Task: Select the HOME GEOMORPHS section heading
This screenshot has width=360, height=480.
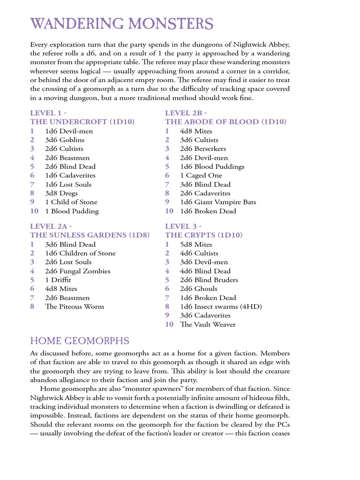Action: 80,341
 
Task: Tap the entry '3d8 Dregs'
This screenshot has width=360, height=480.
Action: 61,193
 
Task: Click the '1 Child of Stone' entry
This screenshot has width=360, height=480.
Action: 71,202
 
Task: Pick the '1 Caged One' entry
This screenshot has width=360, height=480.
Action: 201,175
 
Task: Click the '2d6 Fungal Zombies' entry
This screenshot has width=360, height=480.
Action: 78,271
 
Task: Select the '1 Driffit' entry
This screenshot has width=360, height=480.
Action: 61,280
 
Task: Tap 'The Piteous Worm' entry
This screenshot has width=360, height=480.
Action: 75,307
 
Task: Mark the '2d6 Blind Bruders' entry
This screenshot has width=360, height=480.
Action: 209,280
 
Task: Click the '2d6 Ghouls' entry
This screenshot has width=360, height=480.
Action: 199,289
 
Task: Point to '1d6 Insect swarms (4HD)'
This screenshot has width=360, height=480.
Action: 221,307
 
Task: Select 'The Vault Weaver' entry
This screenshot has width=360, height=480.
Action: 208,324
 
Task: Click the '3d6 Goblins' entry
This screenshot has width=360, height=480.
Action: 65,140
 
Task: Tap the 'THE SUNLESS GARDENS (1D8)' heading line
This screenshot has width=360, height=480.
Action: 90,235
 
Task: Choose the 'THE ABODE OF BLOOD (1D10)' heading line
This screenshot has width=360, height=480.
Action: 225,122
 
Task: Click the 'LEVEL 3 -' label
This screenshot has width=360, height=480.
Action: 183,226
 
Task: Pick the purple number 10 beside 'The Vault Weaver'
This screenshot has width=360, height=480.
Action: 169,324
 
